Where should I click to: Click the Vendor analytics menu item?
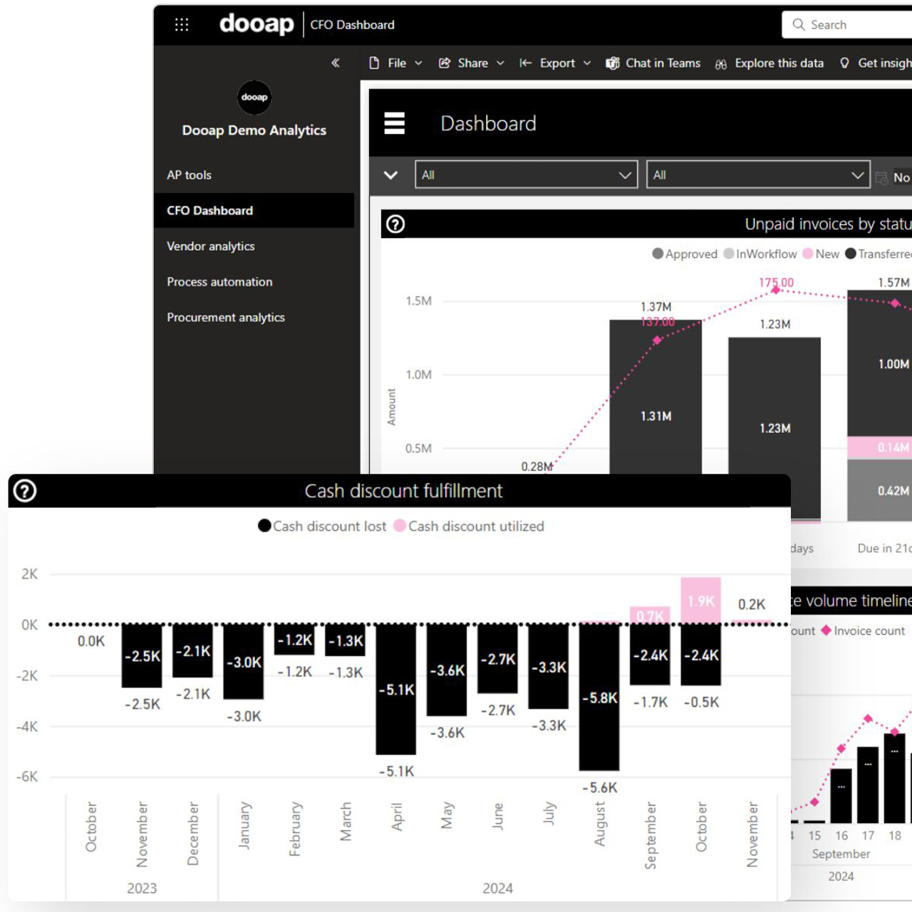[210, 247]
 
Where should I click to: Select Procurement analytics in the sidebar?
[225, 318]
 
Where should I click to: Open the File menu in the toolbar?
[395, 63]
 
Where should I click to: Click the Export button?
[556, 63]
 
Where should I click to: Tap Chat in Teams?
[653, 63]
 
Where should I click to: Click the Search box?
[848, 25]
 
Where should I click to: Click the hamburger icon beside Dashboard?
[394, 123]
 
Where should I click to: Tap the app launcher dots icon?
[182, 25]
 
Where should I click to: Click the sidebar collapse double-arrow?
[335, 63]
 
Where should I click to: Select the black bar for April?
[396, 690]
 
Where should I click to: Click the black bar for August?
[599, 697]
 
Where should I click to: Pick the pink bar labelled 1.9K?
[700, 601]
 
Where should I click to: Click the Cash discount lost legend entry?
[322, 527]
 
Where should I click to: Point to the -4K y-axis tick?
[27, 727]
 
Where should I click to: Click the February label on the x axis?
[295, 829]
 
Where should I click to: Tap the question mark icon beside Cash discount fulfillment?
[25, 491]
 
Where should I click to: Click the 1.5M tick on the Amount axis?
[418, 301]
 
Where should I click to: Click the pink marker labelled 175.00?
[775, 289]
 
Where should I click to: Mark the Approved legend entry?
[685, 254]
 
